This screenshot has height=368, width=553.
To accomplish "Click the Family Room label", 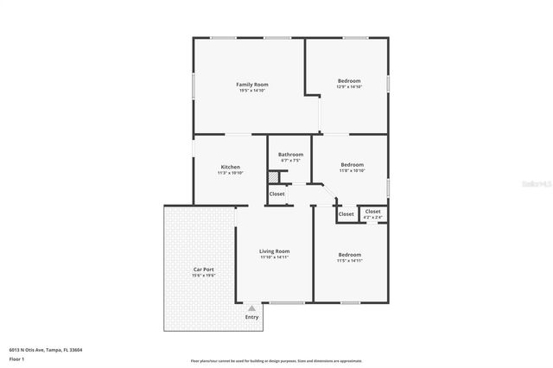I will tap(252, 85).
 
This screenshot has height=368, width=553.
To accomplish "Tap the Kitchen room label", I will tap(230, 167).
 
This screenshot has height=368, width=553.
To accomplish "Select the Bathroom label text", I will tap(290, 155).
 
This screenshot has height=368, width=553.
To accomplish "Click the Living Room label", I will tap(275, 251).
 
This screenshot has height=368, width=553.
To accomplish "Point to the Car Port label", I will tap(204, 270).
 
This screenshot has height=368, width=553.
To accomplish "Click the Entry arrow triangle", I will tap(251, 308).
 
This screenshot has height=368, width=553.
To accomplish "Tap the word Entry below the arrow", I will tap(251, 317).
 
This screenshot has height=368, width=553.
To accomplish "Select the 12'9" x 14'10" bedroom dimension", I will tap(349, 86).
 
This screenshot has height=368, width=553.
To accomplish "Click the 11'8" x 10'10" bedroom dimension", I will tap(352, 170).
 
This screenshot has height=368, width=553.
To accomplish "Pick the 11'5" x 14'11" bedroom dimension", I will tap(349, 260).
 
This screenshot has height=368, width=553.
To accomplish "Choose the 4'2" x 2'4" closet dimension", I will tap(372, 217).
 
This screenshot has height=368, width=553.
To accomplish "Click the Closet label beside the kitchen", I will tap(277, 194).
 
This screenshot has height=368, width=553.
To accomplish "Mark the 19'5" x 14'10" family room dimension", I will tap(252, 91).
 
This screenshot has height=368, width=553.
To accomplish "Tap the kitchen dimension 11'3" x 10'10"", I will tap(230, 173).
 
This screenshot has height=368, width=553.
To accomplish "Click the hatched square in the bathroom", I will tap(274, 177).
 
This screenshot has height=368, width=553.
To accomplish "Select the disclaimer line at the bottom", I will tap(276, 360).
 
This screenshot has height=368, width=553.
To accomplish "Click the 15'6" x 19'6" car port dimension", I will tap(204, 276).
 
